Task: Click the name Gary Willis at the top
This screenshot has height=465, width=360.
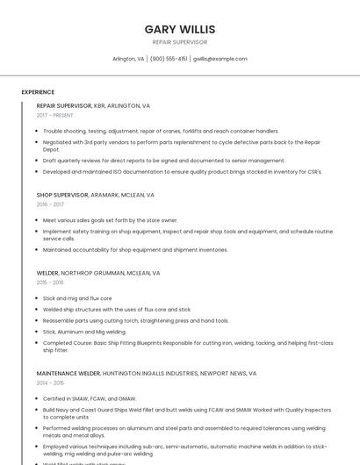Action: [x=180, y=29]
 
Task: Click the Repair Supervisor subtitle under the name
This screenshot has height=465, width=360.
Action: [x=180, y=41]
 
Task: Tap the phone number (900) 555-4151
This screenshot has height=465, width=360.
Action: [x=169, y=59]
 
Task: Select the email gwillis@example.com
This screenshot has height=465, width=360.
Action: [x=220, y=59]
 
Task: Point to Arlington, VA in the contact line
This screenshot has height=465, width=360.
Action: [x=128, y=59]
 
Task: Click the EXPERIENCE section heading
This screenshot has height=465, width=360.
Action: [x=38, y=91]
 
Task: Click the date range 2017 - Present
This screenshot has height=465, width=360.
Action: [x=54, y=115]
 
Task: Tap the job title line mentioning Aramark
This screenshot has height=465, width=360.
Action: [x=95, y=195]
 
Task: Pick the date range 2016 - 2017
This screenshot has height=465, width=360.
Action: [x=50, y=204]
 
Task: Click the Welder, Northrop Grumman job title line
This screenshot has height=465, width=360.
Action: [x=97, y=273]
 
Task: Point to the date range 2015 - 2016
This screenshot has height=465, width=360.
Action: [x=50, y=283]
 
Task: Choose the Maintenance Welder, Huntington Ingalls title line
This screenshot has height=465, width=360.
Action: [x=146, y=373]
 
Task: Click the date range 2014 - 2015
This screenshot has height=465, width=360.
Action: [x=50, y=383]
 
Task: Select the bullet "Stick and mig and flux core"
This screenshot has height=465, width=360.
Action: [x=77, y=298]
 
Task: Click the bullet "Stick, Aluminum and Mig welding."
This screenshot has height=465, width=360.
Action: [x=84, y=332]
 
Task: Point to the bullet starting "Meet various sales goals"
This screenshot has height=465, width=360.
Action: [x=110, y=220]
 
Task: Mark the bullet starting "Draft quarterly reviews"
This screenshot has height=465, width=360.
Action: [x=163, y=161]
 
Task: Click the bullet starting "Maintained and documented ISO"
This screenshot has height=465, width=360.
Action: [x=182, y=171]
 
